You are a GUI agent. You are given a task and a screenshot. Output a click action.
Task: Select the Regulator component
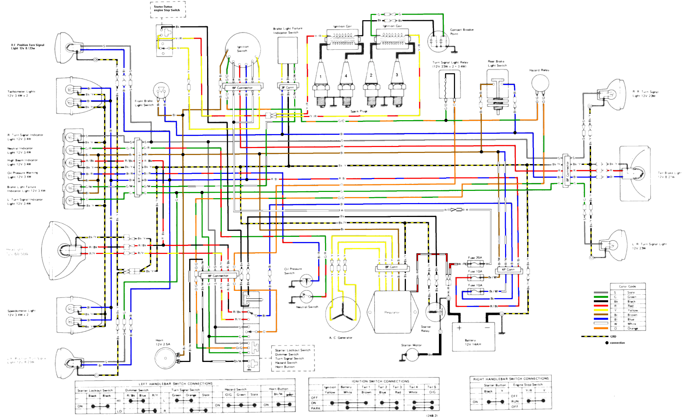click(392, 312)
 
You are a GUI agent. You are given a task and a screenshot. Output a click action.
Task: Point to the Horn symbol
click(166, 358)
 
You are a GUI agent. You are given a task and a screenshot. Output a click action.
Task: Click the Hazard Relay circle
click(540, 84)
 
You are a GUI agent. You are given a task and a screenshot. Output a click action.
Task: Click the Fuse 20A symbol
click(475, 264)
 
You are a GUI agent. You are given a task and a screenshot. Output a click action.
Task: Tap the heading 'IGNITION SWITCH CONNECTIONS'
click(380, 381)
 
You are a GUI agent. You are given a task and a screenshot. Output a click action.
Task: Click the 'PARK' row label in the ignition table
click(315, 408)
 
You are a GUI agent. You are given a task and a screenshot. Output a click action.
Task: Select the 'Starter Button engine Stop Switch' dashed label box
click(168, 9)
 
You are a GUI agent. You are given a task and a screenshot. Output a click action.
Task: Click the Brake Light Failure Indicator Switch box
click(288, 51)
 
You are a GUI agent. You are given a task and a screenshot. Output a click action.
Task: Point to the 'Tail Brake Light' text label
click(669, 175)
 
